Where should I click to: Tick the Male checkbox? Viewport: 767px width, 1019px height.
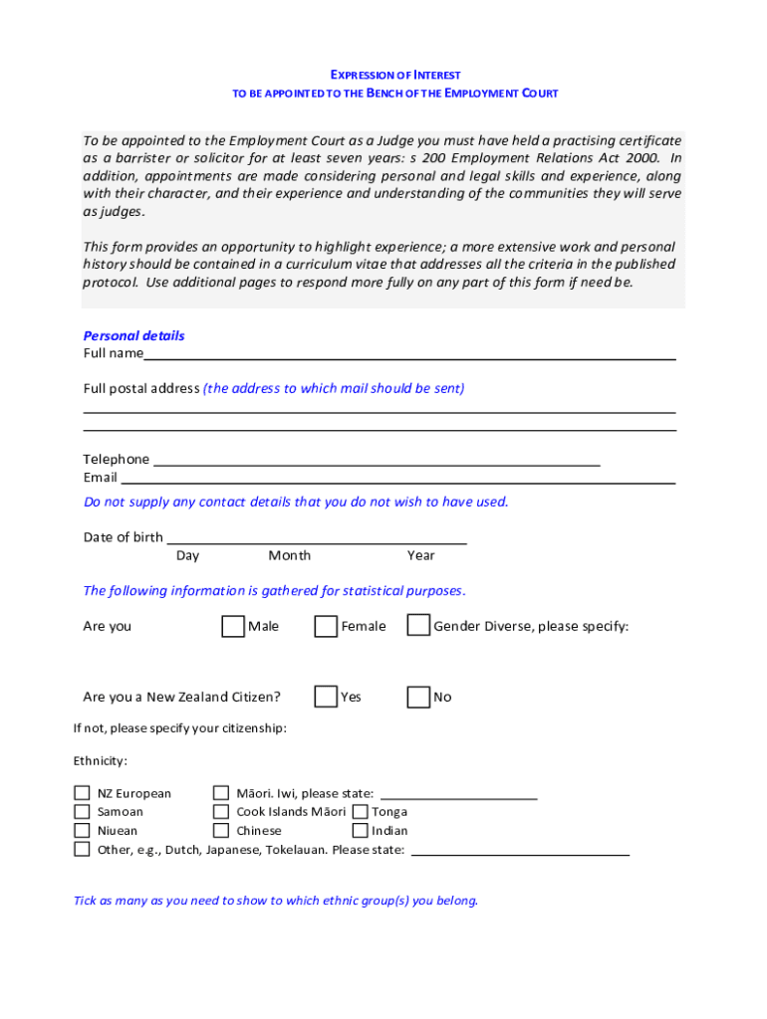(232, 626)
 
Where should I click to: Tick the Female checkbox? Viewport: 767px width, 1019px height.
(326, 626)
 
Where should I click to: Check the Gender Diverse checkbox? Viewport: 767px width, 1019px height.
(418, 625)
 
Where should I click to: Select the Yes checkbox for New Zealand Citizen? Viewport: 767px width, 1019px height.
(326, 697)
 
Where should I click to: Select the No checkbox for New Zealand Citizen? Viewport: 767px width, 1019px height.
(418, 697)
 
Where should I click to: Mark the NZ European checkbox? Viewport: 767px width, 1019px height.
(82, 793)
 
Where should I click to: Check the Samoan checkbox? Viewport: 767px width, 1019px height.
(82, 811)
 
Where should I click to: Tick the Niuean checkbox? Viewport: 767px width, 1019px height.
(82, 830)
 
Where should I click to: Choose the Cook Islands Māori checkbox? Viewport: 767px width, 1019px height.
(221, 811)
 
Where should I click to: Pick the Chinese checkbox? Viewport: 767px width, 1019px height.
(221, 830)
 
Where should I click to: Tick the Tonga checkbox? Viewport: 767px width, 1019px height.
(361, 811)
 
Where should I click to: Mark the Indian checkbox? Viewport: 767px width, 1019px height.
(361, 830)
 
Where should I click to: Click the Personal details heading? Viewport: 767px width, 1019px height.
(133, 335)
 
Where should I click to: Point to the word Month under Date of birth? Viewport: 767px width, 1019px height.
(289, 555)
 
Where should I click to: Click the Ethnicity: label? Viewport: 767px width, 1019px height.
(100, 760)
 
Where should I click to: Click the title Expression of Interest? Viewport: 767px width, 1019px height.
(394, 75)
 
